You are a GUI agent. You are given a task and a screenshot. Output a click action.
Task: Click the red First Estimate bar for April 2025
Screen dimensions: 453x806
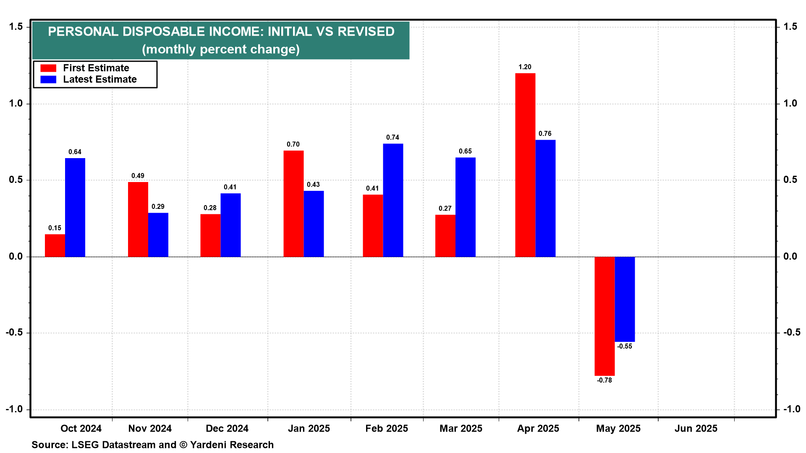pos(525,165)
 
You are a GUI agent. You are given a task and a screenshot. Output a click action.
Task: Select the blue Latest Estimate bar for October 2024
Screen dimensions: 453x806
pos(75,207)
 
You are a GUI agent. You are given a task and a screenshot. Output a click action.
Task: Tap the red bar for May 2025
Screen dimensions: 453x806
pos(604,316)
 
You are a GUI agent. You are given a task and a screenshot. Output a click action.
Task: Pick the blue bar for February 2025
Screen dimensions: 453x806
pos(393,200)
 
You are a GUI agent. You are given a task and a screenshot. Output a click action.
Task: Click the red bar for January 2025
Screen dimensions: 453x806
pos(293,203)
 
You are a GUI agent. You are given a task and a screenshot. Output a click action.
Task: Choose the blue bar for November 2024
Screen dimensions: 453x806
pos(158,234)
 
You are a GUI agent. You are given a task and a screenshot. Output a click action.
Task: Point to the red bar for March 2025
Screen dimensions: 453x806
pos(445,235)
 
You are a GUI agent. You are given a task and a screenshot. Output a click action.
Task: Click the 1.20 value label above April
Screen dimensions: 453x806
pos(525,67)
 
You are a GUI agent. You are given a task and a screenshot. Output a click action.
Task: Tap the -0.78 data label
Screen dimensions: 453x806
pos(604,380)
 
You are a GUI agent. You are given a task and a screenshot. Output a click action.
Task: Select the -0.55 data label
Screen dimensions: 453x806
pos(624,346)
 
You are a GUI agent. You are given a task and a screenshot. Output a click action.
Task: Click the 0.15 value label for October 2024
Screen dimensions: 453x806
pos(55,228)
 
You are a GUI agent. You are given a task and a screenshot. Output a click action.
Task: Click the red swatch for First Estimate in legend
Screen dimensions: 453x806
pos(48,68)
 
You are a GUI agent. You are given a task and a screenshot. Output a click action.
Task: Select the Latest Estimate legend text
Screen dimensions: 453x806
pos(100,79)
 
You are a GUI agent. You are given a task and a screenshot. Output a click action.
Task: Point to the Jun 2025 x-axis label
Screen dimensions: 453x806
pos(696,429)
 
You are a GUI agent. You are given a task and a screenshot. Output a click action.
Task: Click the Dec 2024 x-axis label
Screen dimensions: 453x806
pos(227,429)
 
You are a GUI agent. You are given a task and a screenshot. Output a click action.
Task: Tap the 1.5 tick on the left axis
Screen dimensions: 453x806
pos(16,27)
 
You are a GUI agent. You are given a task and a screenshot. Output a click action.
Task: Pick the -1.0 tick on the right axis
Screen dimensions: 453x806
pos(790,409)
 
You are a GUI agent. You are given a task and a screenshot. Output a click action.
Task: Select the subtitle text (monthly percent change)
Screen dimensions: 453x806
pos(221,49)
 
